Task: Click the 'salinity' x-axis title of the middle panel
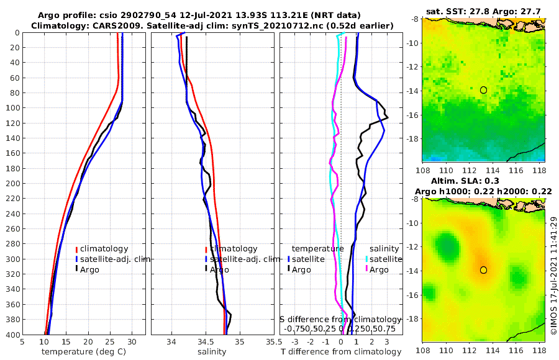coord(211,352)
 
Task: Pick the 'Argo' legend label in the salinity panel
coord(219,269)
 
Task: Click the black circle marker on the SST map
coord(483,90)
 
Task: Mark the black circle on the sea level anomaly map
coord(483,270)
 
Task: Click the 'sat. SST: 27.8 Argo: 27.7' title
coord(484,11)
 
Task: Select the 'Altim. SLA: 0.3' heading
coord(484,180)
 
